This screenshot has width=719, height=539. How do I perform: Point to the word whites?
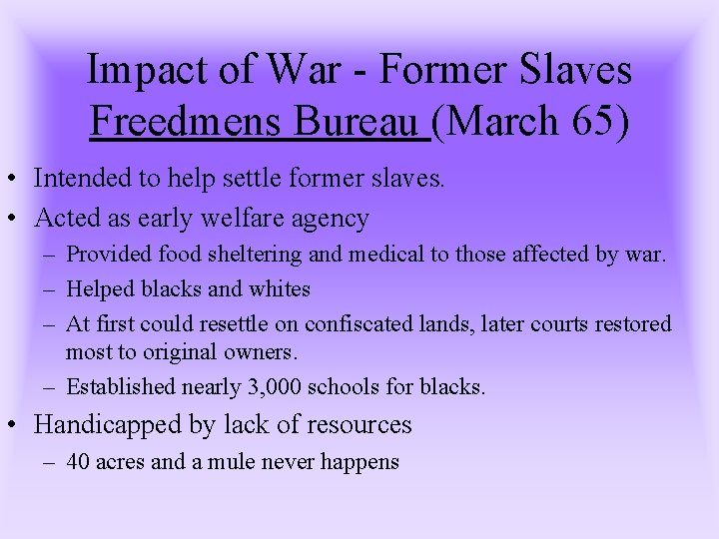[x=285, y=289]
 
